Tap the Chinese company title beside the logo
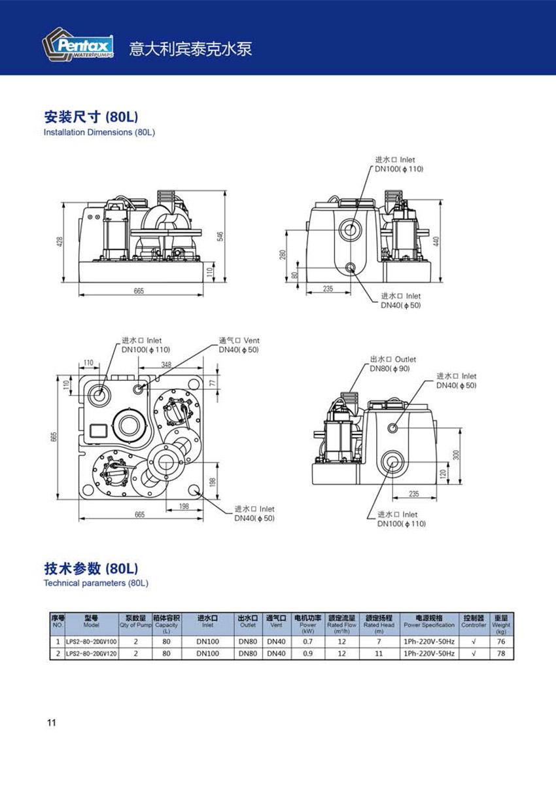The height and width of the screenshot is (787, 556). coord(190,49)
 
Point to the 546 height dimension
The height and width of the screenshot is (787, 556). coord(220,236)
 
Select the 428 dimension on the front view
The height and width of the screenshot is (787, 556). coord(60,242)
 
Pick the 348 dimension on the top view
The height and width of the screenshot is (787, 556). coord(166,364)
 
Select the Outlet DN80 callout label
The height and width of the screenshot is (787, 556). coord(392,364)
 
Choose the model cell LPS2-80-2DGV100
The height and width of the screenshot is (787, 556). coord(92,642)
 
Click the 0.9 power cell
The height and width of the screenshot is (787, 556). coord(307,654)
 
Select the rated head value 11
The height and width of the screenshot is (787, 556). coord(379,654)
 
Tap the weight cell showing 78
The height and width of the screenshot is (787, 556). coord(501,654)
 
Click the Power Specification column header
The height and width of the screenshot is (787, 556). coord(429,621)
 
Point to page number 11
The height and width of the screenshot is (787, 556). coord(52,723)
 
